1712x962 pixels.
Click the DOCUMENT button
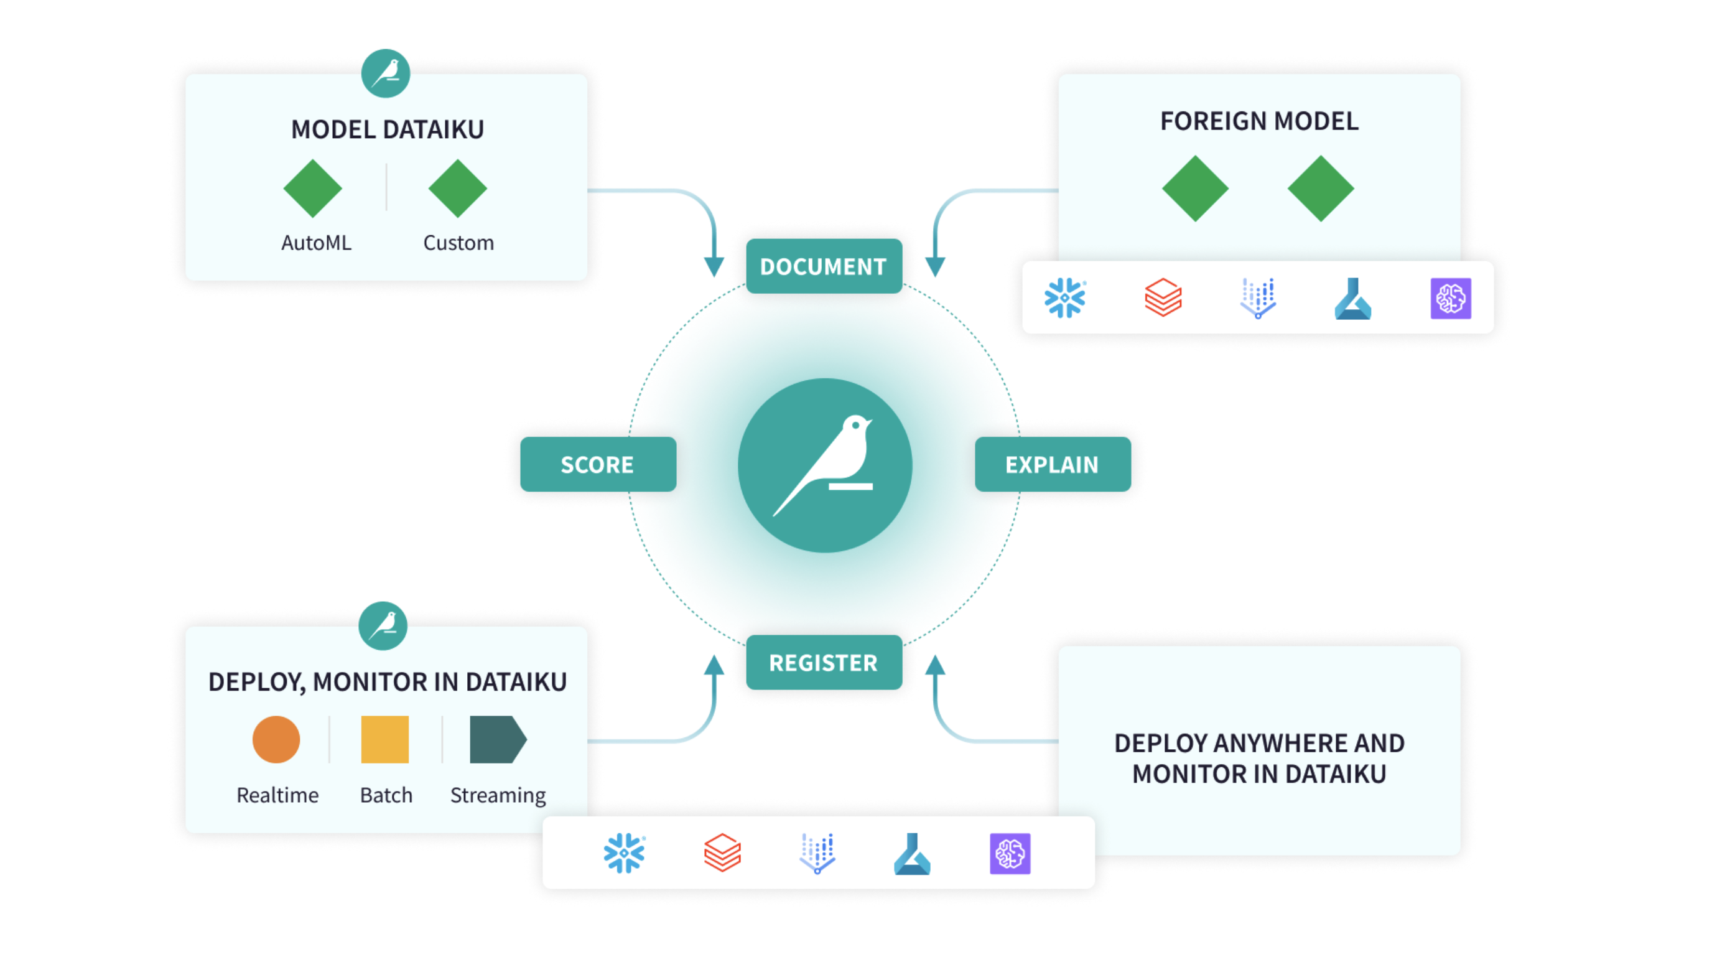tap(824, 266)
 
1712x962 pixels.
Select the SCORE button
tap(597, 464)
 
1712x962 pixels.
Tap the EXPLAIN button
tap(1052, 464)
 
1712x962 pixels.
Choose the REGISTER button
tap(824, 662)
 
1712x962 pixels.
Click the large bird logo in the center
tap(825, 465)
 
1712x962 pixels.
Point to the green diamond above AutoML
tap(312, 189)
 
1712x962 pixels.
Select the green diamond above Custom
tap(457, 189)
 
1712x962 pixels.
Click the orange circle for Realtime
tap(276, 739)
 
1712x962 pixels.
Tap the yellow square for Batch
tap(385, 739)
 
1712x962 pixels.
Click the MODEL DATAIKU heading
tap(388, 129)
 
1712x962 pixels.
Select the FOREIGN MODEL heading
tap(1258, 121)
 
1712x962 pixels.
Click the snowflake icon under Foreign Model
tap(1064, 298)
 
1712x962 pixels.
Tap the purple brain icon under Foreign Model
tap(1450, 298)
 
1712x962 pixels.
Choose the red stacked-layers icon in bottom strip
tap(722, 853)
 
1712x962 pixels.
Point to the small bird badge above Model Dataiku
tap(386, 73)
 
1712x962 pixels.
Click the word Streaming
tap(498, 795)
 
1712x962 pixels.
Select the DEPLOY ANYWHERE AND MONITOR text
tap(1258, 758)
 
